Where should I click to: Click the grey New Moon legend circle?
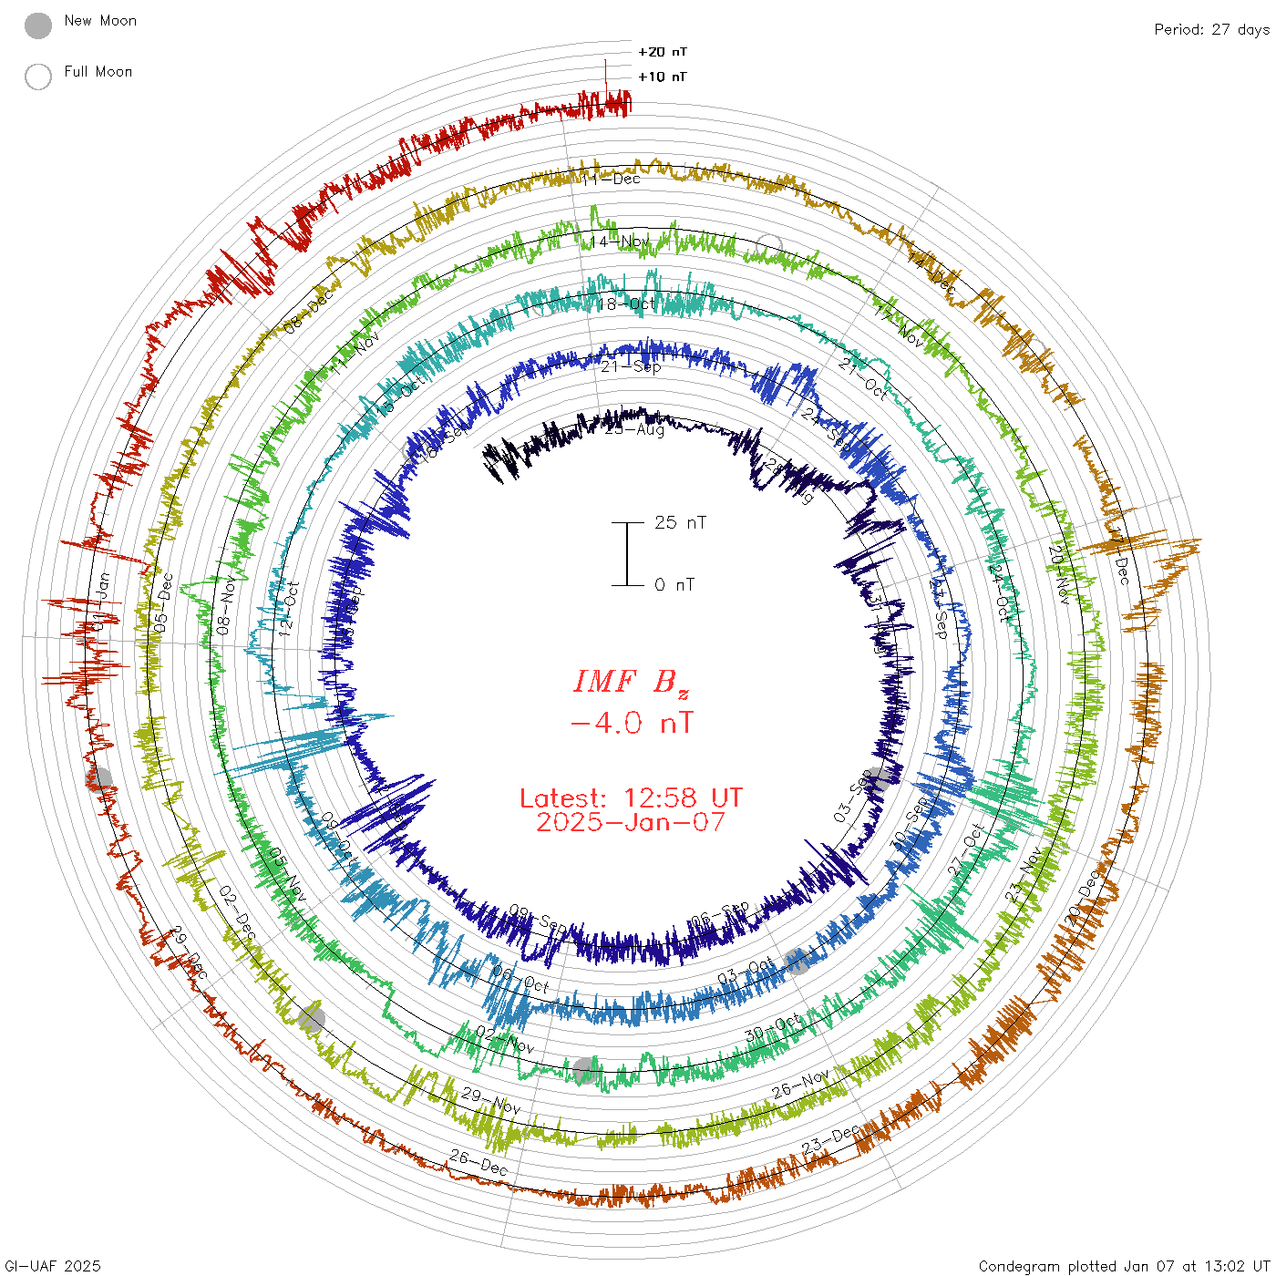coord(38,26)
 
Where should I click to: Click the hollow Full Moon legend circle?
coord(38,77)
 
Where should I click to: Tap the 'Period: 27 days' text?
coord(1211,29)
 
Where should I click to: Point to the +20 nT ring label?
coord(663,52)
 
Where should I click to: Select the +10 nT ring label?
coord(663,77)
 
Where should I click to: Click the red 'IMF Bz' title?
coord(632,682)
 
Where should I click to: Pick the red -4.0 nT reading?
coord(632,724)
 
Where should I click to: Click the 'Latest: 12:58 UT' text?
coord(631,798)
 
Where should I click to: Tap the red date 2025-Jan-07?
coord(631,822)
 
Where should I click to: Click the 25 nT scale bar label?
coord(680,522)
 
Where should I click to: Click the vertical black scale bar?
coord(627,553)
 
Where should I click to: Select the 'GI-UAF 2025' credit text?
coord(53,1266)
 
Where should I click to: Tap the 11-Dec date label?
coord(612,179)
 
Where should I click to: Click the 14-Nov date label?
coord(619,242)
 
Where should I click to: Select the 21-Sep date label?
coord(631,366)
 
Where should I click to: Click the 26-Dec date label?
coord(478,1161)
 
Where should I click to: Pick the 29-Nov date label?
coord(490,1100)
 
